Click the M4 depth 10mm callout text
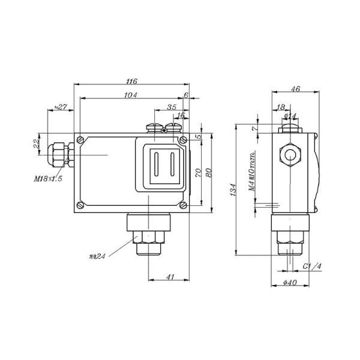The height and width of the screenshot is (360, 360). (x=253, y=174)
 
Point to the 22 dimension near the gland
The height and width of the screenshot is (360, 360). (x=36, y=144)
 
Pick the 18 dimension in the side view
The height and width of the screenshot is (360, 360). (x=281, y=107)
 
